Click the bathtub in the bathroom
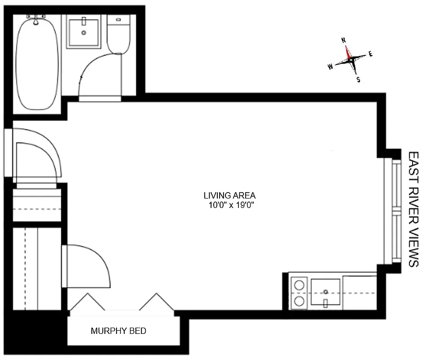pyautogui.click(x=37, y=63)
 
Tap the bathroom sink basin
pyautogui.click(x=83, y=32)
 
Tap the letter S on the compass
pyautogui.click(x=358, y=80)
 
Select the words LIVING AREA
pyautogui.click(x=229, y=196)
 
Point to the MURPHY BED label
pyautogui.click(x=118, y=331)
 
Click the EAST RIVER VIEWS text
pyautogui.click(x=413, y=209)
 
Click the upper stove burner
pyautogui.click(x=298, y=284)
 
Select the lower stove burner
pyautogui.click(x=298, y=301)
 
